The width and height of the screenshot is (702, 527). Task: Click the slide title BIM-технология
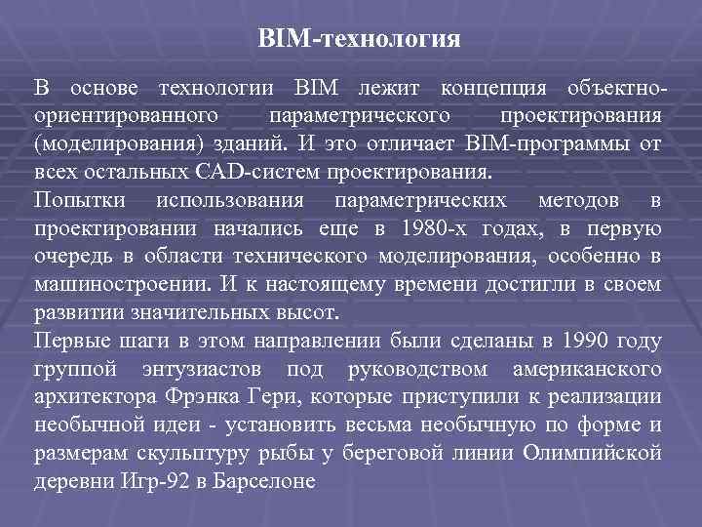click(359, 39)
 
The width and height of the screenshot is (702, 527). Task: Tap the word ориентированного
click(125, 117)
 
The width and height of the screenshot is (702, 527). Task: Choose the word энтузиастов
click(200, 370)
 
